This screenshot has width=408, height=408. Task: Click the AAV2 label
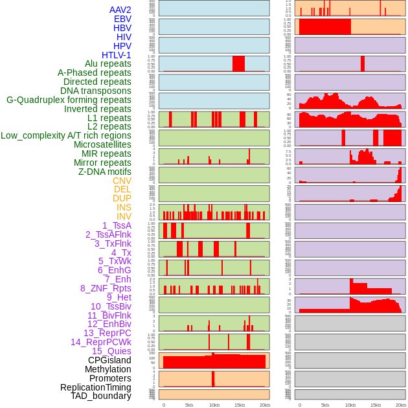click(120, 10)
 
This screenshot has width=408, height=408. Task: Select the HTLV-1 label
click(116, 55)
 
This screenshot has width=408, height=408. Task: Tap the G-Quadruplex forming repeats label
click(69, 100)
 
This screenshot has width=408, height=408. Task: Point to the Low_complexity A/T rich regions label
click(66, 135)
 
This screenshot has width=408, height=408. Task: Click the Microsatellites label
click(102, 144)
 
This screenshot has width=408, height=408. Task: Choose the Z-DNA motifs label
click(104, 172)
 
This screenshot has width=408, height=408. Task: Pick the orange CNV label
click(122, 181)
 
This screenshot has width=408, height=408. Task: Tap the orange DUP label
click(122, 198)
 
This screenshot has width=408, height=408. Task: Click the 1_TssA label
click(117, 225)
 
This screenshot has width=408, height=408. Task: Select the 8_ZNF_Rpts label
click(106, 288)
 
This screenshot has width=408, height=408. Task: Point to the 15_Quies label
click(111, 351)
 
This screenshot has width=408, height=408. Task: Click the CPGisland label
click(109, 360)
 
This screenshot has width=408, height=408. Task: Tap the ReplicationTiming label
click(96, 387)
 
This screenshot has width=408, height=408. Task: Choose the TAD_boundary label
click(101, 396)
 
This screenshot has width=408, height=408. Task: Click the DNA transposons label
click(96, 91)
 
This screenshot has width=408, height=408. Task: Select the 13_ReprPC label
click(107, 333)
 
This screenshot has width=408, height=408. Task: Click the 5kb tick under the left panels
click(189, 405)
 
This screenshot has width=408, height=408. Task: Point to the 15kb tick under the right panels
click(376, 405)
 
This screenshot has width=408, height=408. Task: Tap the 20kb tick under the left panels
click(265, 405)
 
